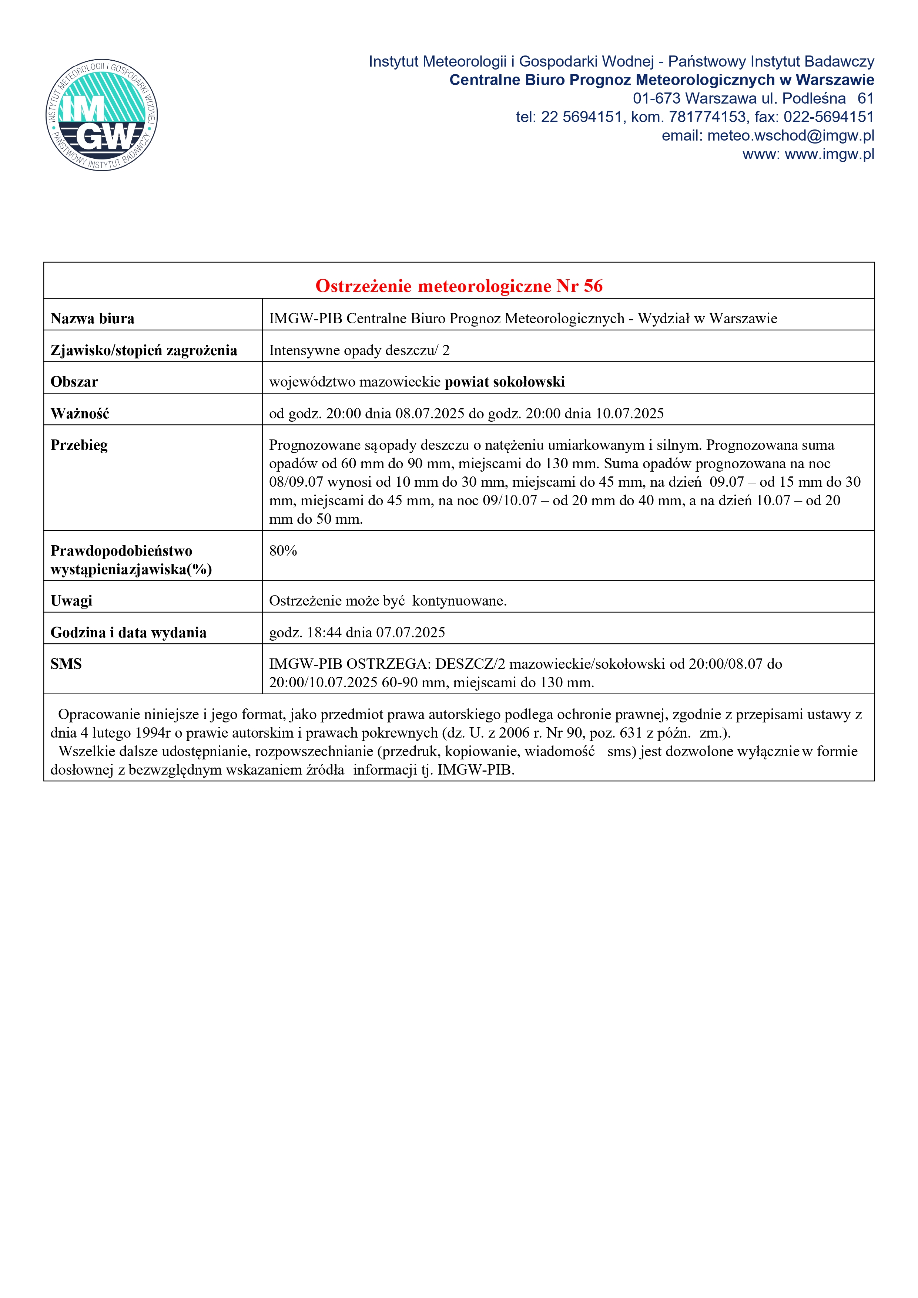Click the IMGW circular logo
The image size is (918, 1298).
coord(102,115)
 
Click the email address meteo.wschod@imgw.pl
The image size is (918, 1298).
coord(790,136)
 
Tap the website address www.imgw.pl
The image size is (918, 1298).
coord(829,154)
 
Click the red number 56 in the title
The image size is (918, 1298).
coord(593,286)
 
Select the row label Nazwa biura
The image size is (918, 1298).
coord(92,319)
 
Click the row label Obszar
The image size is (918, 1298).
coord(74,382)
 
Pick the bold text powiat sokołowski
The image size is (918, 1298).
coord(505,382)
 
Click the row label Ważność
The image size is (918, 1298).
coord(80,414)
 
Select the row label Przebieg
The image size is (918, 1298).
coord(79,445)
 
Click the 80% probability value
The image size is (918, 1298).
coord(283,551)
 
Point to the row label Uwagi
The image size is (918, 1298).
coord(71,601)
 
